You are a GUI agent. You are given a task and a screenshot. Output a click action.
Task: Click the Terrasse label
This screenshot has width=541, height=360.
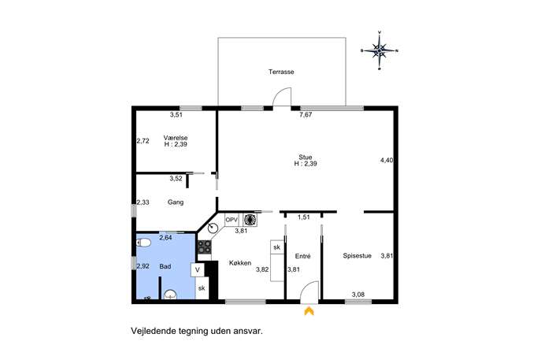click(281, 72)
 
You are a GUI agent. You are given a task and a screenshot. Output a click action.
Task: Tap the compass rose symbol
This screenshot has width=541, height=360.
click(380, 50)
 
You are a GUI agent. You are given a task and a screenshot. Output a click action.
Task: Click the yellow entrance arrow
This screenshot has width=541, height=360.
click(309, 311)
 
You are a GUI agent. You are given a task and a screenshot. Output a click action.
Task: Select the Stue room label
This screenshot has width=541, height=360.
click(306, 157)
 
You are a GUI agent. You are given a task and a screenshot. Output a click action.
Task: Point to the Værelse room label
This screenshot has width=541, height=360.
click(176, 137)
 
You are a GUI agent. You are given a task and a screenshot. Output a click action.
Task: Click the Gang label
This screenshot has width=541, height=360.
click(176, 202)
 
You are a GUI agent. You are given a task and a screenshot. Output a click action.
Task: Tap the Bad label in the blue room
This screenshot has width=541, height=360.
click(165, 266)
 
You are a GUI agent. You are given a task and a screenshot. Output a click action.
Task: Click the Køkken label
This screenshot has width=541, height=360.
click(240, 262)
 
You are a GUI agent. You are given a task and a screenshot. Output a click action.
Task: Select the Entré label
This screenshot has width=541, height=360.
click(303, 256)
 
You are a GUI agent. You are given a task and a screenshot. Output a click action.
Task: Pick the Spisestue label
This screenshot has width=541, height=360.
click(357, 256)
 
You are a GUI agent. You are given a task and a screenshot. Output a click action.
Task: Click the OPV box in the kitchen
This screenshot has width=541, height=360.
click(232, 220)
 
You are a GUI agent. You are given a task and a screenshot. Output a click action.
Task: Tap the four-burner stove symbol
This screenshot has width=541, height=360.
click(204, 247)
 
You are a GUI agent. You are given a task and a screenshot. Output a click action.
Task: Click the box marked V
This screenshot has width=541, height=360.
click(198, 269)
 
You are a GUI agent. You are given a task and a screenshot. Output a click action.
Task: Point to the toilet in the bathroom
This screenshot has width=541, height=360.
click(143, 243)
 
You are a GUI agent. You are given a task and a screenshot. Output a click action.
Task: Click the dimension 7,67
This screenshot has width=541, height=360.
click(306, 115)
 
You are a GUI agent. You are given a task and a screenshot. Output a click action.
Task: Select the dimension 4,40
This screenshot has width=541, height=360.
click(387, 160)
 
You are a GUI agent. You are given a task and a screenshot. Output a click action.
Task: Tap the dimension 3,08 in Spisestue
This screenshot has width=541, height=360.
click(358, 295)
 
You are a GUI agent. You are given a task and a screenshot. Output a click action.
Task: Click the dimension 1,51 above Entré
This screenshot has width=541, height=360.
click(304, 217)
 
